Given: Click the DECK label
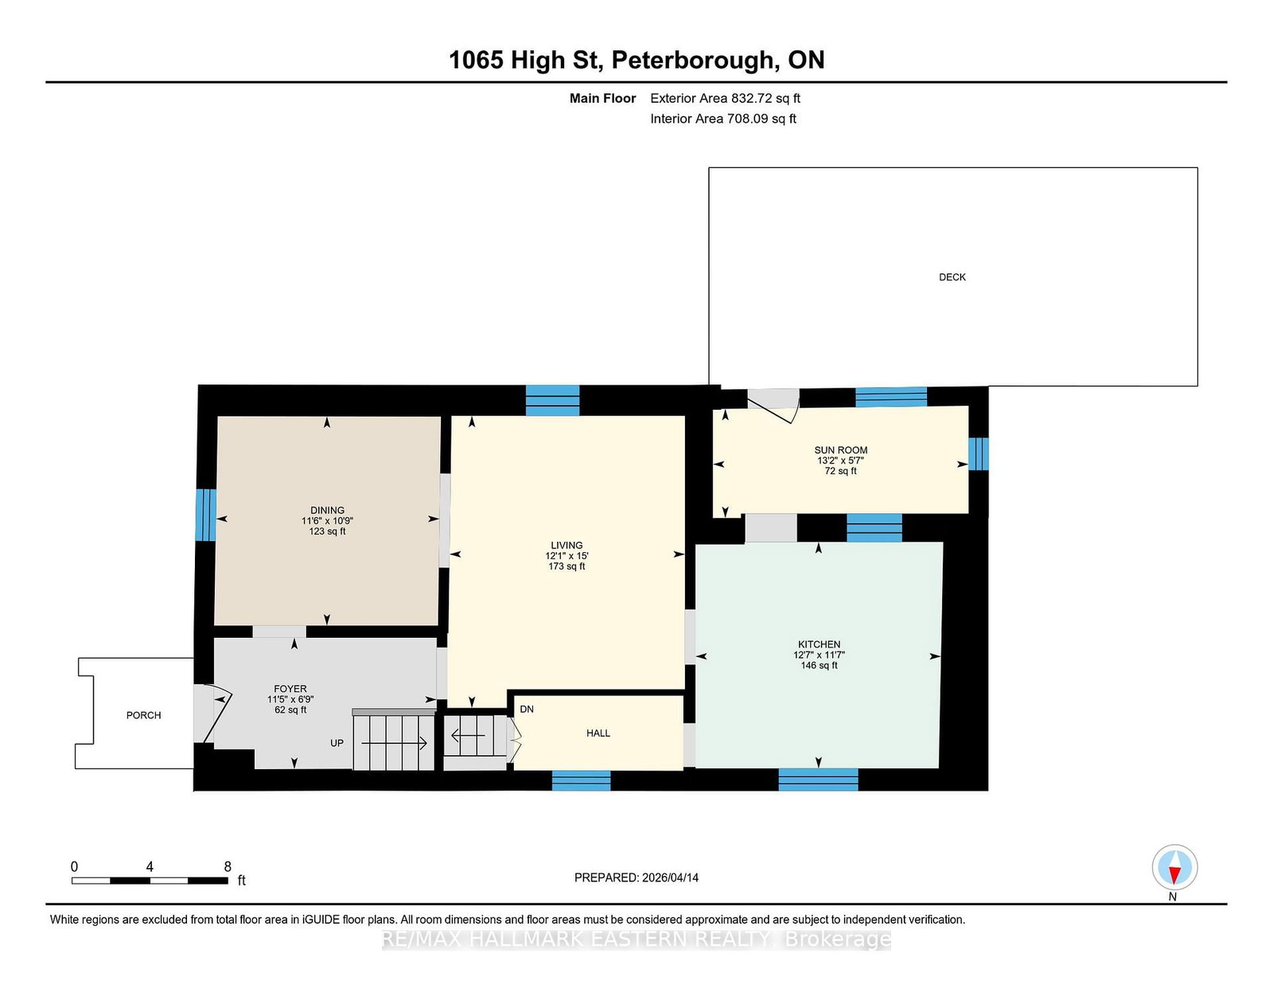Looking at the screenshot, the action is coord(952,277).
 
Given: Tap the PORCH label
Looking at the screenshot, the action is coord(143,715).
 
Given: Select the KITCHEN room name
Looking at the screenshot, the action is coord(819,644).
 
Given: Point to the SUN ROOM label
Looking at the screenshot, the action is coord(841,449).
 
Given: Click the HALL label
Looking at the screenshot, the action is coord(598,733).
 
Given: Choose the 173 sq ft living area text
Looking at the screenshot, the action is coord(566,566).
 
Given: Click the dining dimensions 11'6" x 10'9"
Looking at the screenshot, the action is coord(328,521).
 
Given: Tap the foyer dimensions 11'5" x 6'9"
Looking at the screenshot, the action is coord(290,699).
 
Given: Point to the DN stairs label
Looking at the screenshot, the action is coord(527,710).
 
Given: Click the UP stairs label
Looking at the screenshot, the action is coord(337,743).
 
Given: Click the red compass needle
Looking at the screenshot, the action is coord(1174,875).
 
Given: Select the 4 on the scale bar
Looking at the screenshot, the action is coord(150,867).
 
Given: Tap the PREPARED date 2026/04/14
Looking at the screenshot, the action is coord(670,877).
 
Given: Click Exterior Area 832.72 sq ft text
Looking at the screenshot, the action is coord(726,99).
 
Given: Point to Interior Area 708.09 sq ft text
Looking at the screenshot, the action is coord(723,119).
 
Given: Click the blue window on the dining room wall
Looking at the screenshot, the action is coord(205,515).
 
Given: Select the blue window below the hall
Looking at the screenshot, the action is coord(581,781).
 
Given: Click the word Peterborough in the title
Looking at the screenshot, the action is coord(695,60).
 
